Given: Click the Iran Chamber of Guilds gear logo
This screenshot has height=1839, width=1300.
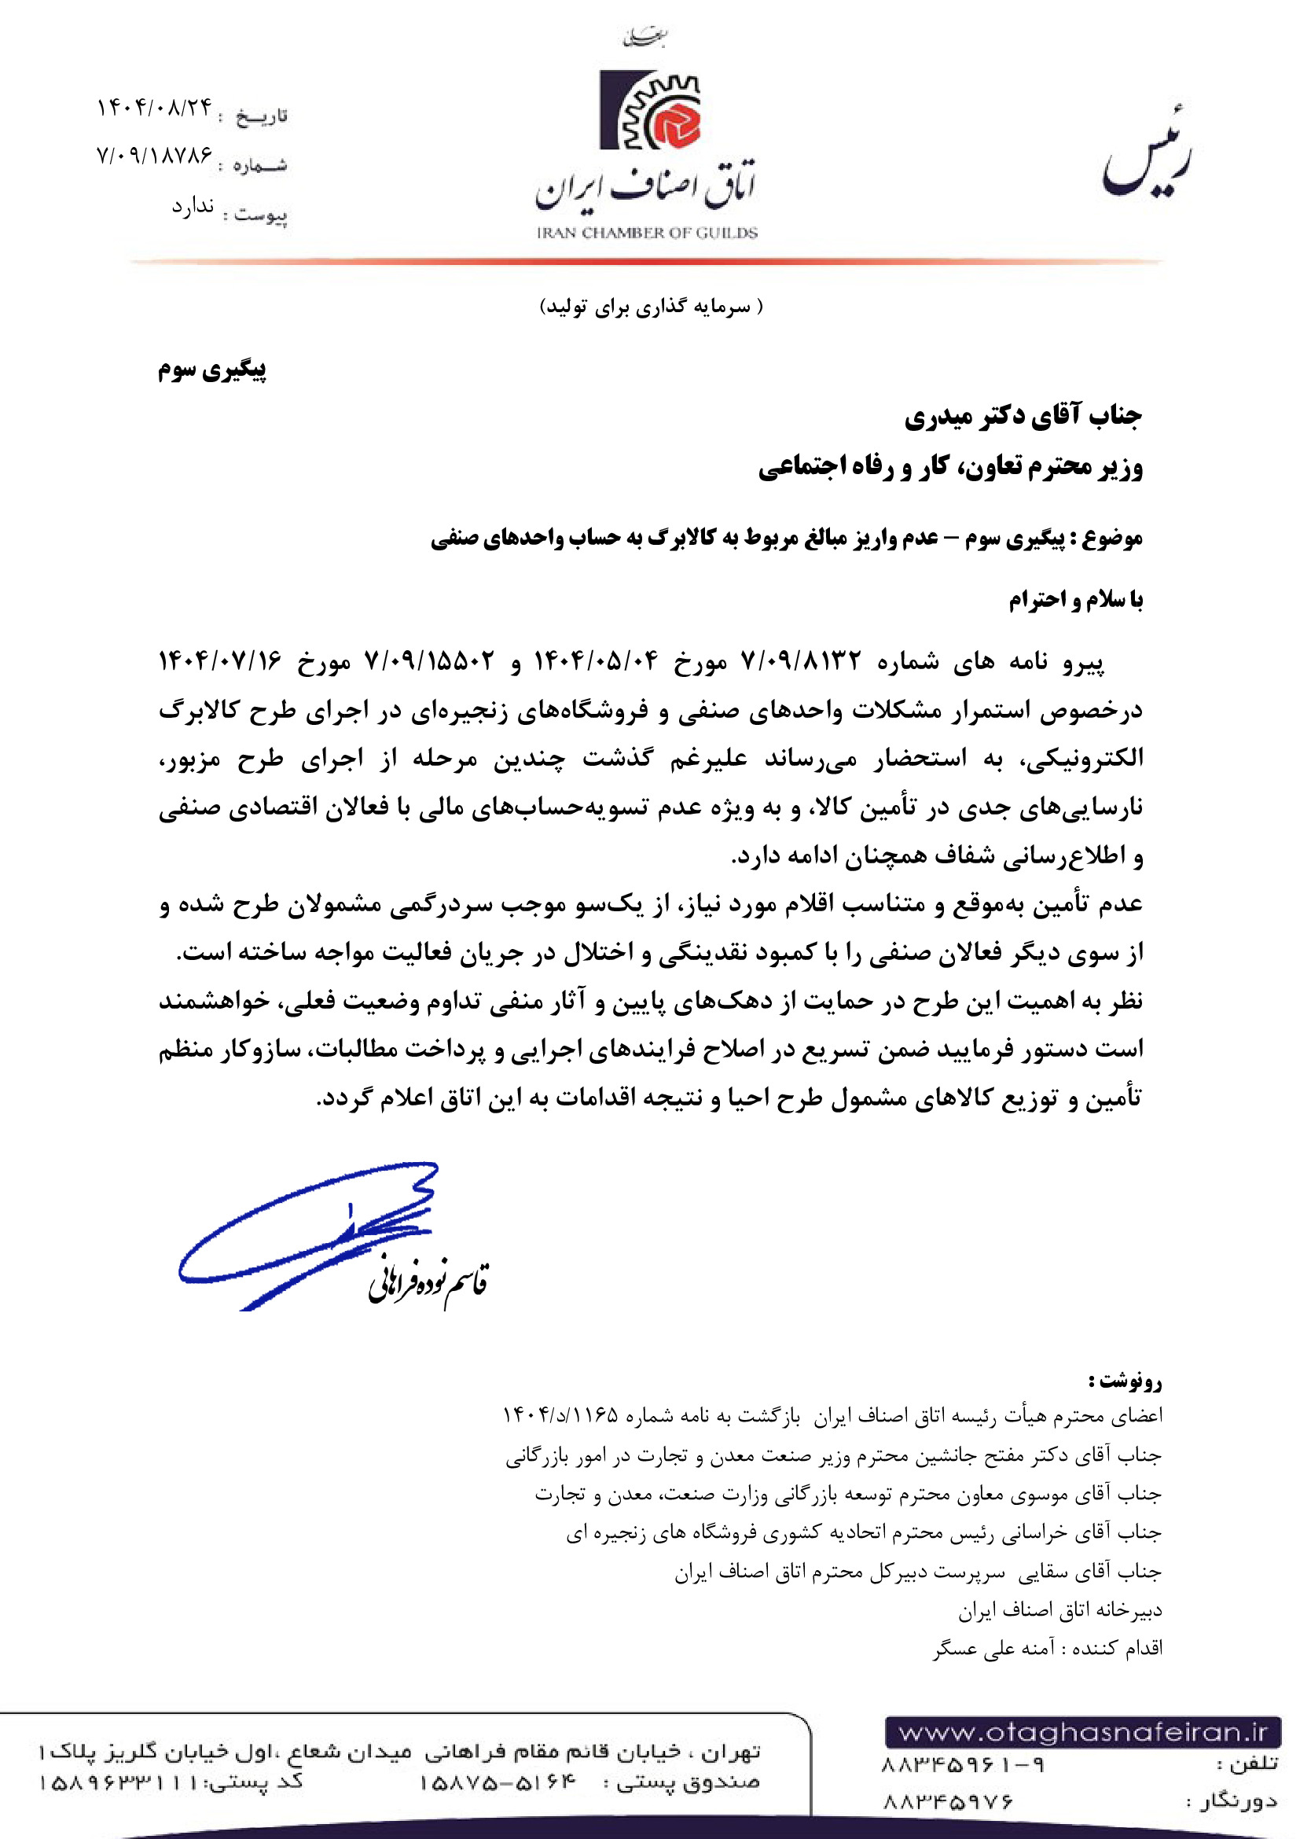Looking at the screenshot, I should [650, 110].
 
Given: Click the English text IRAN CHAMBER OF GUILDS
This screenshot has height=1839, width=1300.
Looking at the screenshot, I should [647, 233].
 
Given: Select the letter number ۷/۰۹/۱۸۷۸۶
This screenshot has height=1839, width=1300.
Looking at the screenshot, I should [155, 155].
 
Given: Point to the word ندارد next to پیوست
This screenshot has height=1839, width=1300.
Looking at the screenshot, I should [192, 207].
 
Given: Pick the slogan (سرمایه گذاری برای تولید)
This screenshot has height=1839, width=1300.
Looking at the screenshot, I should [651, 307].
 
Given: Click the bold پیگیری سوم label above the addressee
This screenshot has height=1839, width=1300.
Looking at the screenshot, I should [212, 370].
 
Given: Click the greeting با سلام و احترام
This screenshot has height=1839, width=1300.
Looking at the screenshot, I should [1075, 599].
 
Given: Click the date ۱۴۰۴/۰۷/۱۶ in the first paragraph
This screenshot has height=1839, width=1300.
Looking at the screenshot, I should [220, 661].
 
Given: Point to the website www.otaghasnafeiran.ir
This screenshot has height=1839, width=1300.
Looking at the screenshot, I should [1083, 1734].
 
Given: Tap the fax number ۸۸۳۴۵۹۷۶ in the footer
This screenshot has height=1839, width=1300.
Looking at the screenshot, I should [948, 1802].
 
